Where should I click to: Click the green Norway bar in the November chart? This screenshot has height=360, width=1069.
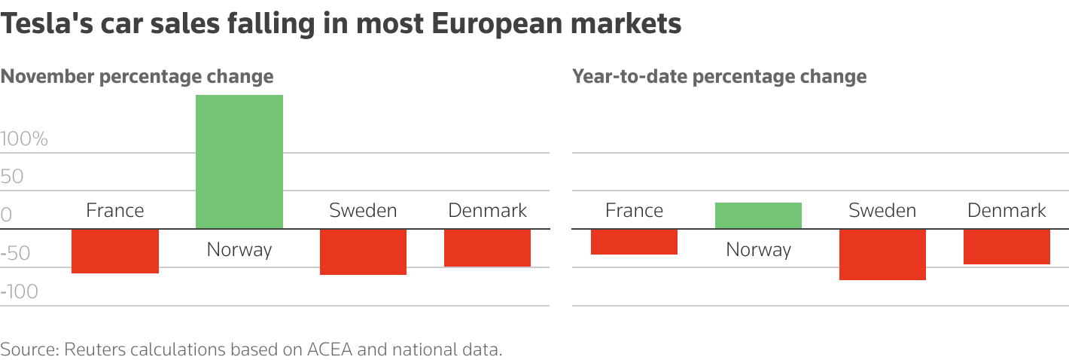239,162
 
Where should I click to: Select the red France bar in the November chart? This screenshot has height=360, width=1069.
115,251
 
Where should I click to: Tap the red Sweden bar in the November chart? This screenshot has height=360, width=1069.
363,252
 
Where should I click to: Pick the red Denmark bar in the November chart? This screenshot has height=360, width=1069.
487,248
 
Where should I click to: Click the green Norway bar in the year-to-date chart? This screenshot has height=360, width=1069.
758,215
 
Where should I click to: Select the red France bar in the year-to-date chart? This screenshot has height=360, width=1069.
634,242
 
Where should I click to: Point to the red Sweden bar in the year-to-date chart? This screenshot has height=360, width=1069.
882,255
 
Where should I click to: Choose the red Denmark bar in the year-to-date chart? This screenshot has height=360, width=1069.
1007,246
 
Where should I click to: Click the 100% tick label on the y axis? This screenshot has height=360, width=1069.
24,139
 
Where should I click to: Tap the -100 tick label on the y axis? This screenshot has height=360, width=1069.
20,292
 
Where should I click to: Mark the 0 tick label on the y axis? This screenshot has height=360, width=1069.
6,215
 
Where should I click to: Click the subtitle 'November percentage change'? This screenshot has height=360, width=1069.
137,77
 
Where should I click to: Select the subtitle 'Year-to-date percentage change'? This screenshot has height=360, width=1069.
719,77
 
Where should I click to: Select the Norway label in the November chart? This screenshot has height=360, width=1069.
239,249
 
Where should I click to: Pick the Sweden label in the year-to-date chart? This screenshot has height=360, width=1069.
882,211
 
